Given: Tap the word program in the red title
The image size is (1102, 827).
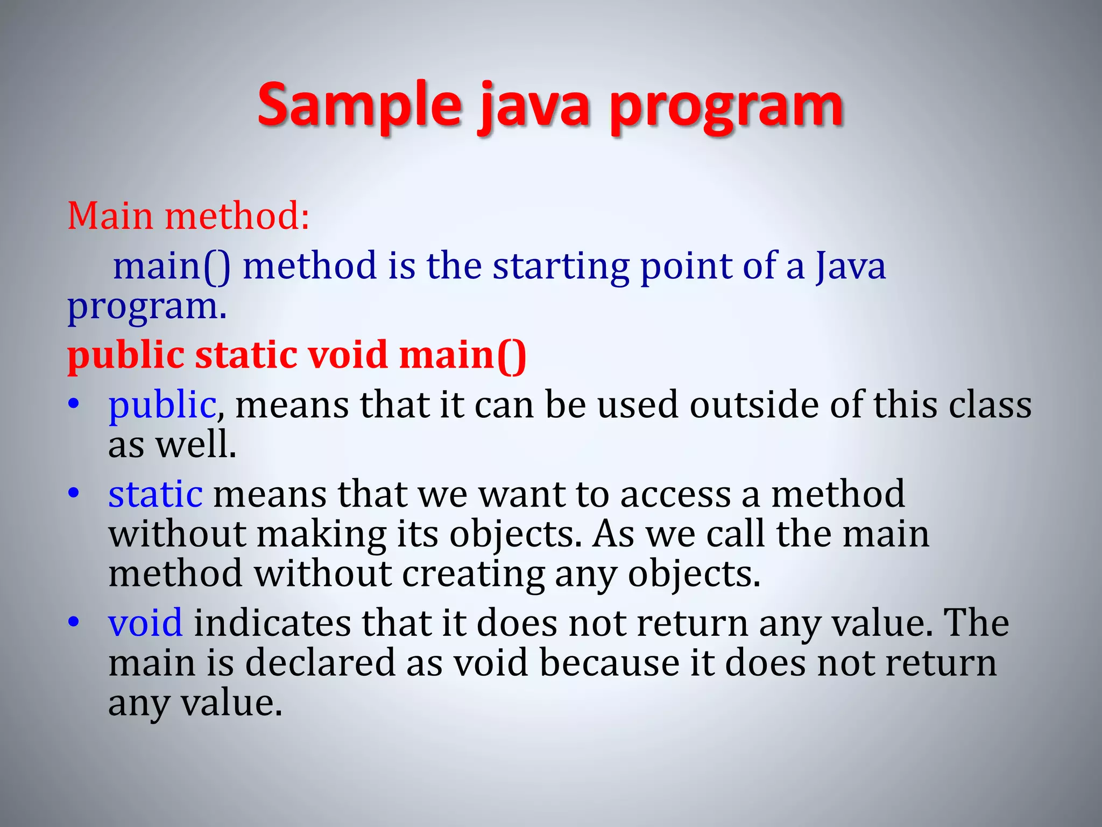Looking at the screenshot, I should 726,108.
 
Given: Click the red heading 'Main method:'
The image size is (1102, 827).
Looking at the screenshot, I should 188,216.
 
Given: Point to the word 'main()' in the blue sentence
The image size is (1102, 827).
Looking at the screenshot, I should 172,266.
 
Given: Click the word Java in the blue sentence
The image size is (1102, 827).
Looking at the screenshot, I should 850,266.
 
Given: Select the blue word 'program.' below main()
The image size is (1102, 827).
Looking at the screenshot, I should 146,307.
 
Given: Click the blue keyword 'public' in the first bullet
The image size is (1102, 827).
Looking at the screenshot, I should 162,405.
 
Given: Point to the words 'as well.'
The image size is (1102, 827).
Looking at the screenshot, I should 172,445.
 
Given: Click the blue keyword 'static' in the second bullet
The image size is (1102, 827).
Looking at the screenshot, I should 156,494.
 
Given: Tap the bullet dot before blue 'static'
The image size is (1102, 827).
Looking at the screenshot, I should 74,493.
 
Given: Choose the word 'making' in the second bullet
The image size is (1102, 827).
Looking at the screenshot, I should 321,534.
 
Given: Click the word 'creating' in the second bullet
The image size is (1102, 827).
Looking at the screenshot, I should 474,574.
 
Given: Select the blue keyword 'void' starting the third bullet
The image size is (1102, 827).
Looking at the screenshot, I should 145,623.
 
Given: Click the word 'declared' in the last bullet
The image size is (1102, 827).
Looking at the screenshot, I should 320,663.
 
